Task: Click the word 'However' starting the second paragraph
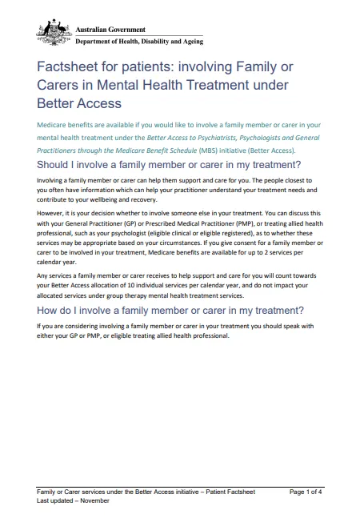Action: (x=52, y=215)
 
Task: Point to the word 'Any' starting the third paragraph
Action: (x=43, y=276)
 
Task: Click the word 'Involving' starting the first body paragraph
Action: (x=52, y=182)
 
